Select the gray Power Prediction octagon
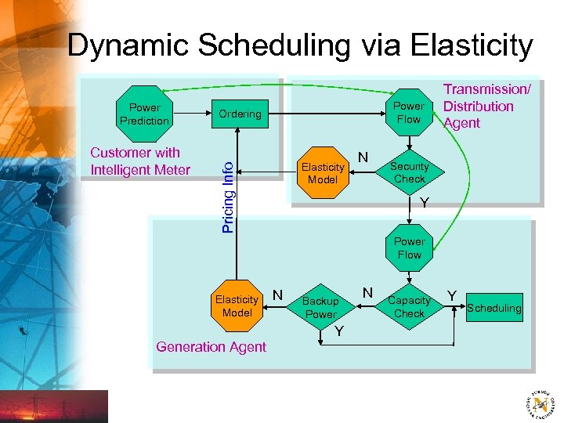[144, 114]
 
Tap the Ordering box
[240, 114]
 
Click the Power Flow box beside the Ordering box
[408, 113]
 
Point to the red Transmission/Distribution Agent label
[486, 107]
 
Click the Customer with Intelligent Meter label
[140, 161]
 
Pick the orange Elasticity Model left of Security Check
[323, 173]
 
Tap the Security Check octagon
[409, 172]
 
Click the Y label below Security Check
[424, 204]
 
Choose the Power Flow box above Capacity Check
[409, 248]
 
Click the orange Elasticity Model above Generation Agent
[237, 305]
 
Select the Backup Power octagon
[320, 307]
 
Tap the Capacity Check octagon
[409, 306]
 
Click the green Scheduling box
[493, 308]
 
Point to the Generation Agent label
[211, 347]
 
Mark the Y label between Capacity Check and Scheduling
[452, 295]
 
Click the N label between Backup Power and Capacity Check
[367, 292]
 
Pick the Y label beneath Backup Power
[339, 331]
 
